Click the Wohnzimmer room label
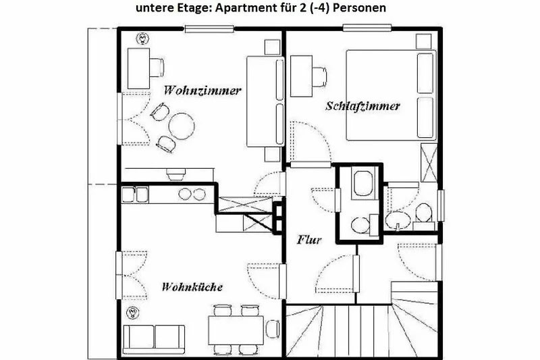click(x=202, y=91)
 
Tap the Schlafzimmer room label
click(x=362, y=106)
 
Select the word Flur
click(x=309, y=239)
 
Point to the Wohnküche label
click(x=192, y=286)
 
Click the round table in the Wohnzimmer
click(x=182, y=126)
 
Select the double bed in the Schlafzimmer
click(x=391, y=95)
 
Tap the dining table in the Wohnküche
click(x=236, y=330)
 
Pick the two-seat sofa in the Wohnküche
click(x=154, y=340)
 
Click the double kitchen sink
click(x=135, y=195)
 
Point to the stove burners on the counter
click(x=192, y=195)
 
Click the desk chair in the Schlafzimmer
click(x=319, y=77)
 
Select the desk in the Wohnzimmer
click(x=138, y=68)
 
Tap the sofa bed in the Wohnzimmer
click(x=265, y=101)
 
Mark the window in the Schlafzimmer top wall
click(x=367, y=28)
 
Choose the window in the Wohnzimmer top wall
click(x=209, y=29)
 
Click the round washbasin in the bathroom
click(x=398, y=220)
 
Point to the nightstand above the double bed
click(x=423, y=41)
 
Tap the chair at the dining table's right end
click(x=273, y=330)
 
